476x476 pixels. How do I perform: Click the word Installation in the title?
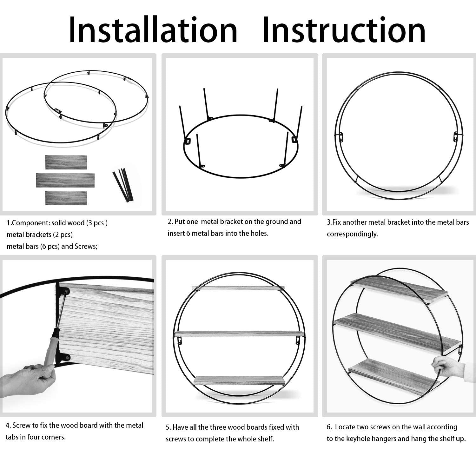tap(153, 30)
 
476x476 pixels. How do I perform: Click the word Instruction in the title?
tap(344, 30)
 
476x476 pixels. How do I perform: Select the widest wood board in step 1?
tap(65, 180)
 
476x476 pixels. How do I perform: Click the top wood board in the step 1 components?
tap(66, 162)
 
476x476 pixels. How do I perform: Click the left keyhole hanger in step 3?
tap(341, 137)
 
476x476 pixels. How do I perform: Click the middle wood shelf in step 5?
tap(239, 334)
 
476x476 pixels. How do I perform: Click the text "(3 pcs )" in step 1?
tap(97, 223)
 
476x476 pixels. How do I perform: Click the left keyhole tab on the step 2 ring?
tap(188, 141)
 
